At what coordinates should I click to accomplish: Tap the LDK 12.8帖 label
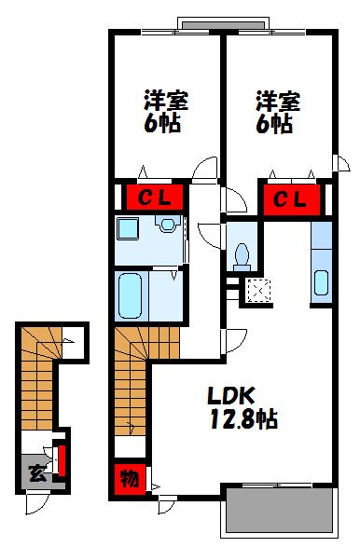pyautogui.click(x=241, y=404)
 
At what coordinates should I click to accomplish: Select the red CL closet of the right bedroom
pyautogui.click(x=290, y=198)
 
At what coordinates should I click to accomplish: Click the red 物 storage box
pyautogui.click(x=130, y=479)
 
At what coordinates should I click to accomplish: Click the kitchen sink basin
pyautogui.click(x=322, y=281)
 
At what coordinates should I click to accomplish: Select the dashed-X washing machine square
pyautogui.click(x=254, y=293)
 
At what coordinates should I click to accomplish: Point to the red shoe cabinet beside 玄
pyautogui.click(x=62, y=461)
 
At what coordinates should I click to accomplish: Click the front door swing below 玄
pyautogui.click(x=38, y=503)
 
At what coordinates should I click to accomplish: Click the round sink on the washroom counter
pyautogui.click(x=167, y=225)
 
